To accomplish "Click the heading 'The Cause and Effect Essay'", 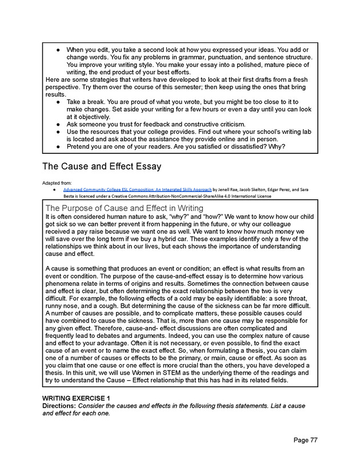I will pyautogui.click(x=102, y=167).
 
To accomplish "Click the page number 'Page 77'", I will pyautogui.click(x=306, y=440).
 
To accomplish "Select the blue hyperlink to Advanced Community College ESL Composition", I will pyautogui.click(x=137, y=189).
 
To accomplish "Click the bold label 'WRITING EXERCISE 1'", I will pyautogui.click(x=77, y=398).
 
